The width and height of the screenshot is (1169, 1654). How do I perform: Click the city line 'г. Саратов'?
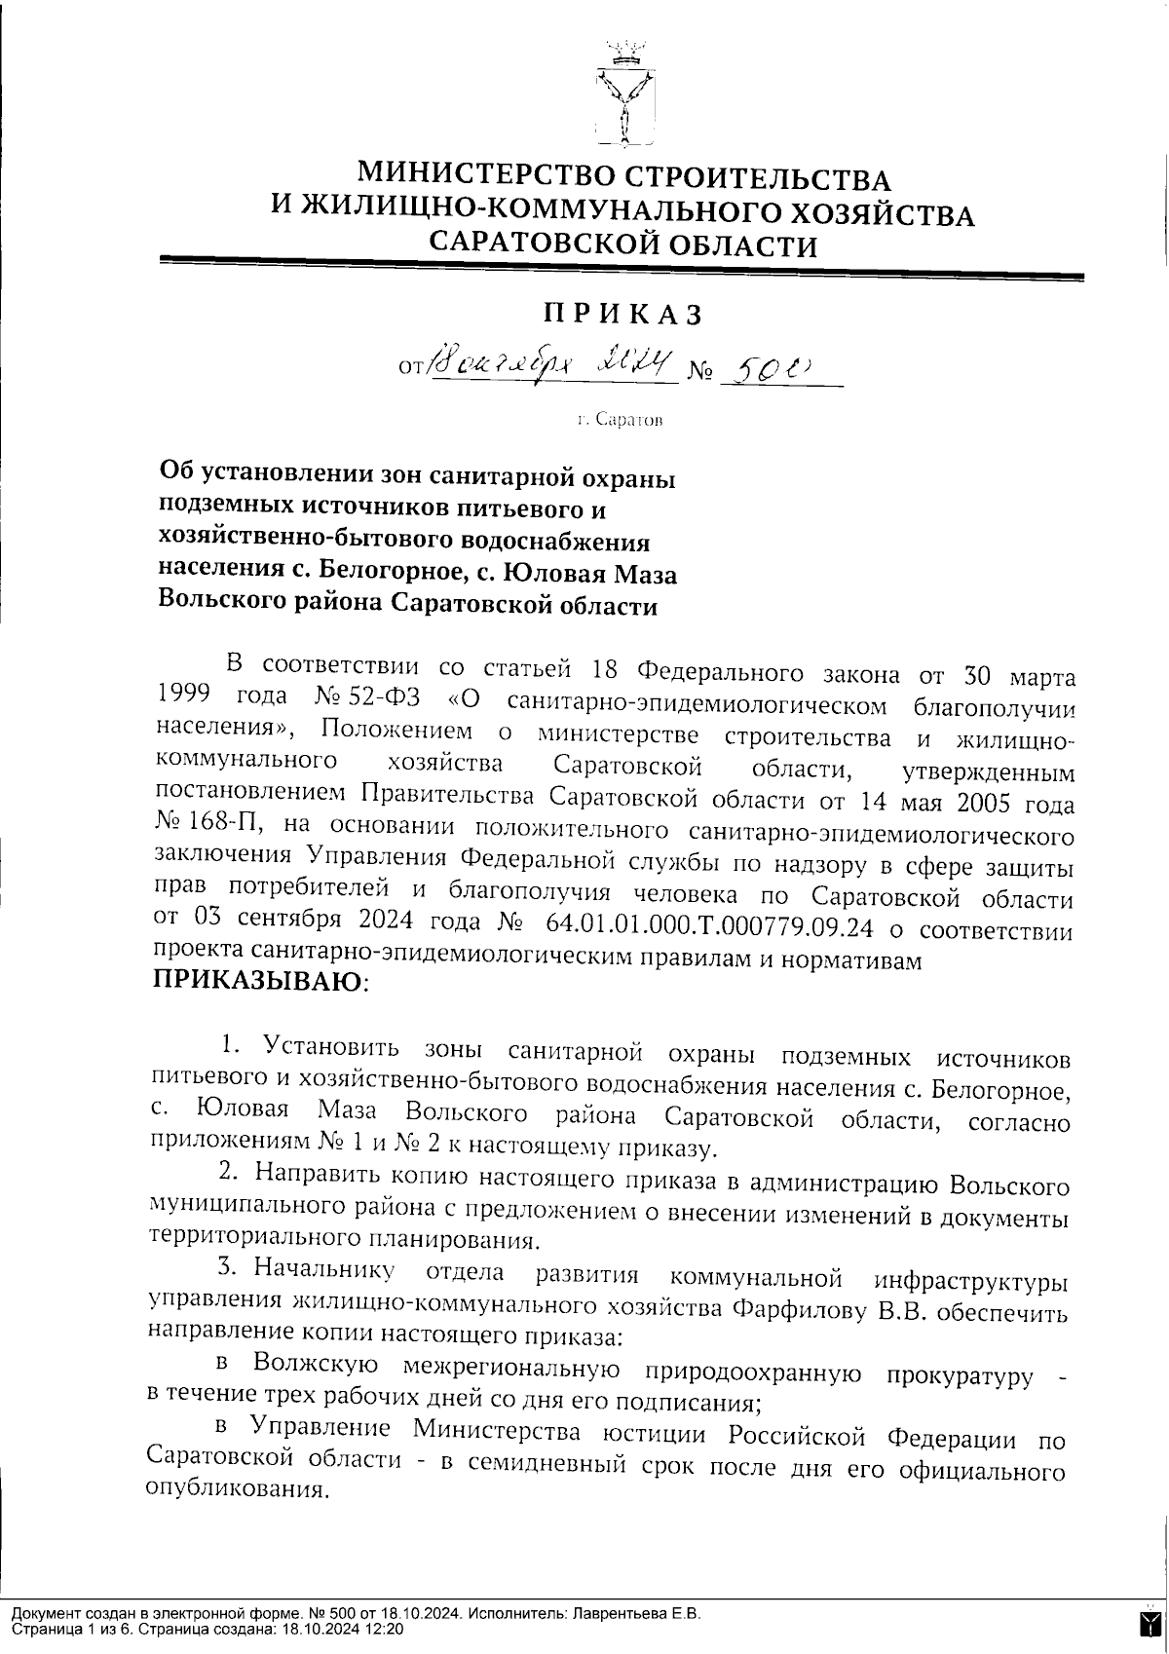click(620, 420)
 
